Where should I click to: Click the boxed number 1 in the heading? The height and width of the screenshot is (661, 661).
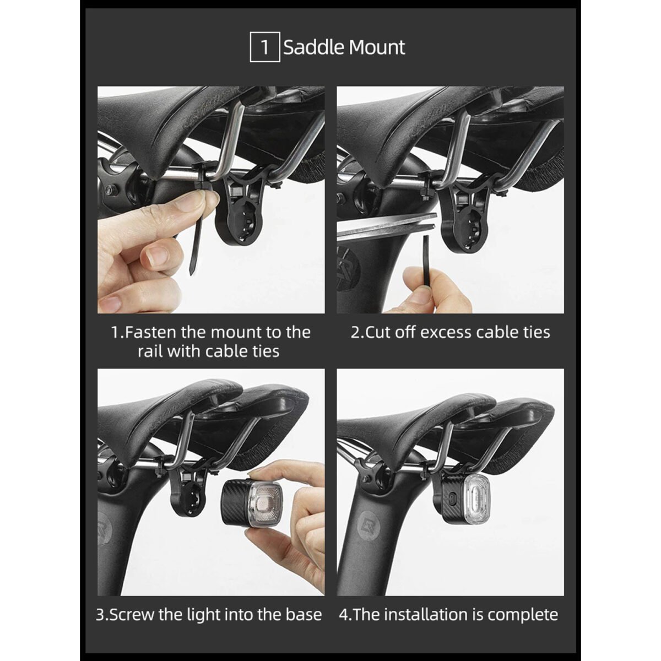pyautogui.click(x=265, y=47)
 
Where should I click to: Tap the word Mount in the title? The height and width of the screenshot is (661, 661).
pyautogui.click(x=377, y=47)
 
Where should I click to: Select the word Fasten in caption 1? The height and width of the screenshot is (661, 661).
pyautogui.click(x=151, y=332)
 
